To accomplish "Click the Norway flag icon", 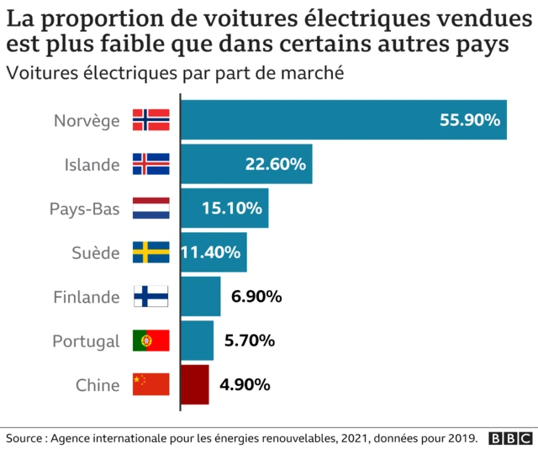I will click(x=151, y=120).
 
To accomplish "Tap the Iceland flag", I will click(x=151, y=164).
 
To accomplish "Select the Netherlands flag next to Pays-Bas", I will click(x=151, y=208).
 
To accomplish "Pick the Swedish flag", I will click(x=151, y=252).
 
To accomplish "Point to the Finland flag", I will click(x=151, y=296).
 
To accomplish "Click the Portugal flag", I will click(x=151, y=341).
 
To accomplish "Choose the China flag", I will click(x=151, y=384).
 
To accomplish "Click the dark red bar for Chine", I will click(x=195, y=384).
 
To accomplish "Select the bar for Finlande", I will click(x=201, y=296).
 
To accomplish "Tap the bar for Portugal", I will click(x=198, y=341).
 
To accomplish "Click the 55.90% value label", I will click(x=470, y=120).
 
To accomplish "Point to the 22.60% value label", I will click(x=275, y=164).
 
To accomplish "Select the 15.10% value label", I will click(x=232, y=208).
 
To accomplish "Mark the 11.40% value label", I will click(x=211, y=252).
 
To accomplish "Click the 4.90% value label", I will click(x=245, y=385).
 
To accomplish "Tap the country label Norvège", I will click(x=87, y=120).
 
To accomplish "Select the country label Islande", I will click(x=92, y=164).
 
